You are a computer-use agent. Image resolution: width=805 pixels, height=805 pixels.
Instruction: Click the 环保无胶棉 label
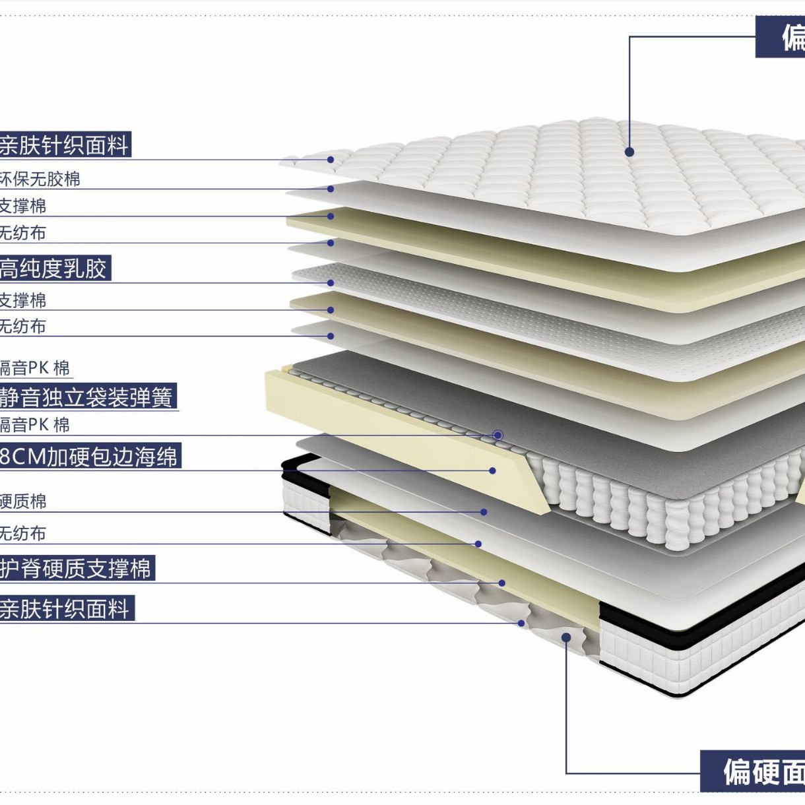(40, 179)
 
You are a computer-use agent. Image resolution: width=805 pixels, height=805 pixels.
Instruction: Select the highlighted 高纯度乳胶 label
(54, 269)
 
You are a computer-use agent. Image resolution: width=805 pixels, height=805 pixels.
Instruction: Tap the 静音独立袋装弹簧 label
(86, 397)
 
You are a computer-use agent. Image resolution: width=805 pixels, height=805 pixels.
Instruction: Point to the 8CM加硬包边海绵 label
(89, 457)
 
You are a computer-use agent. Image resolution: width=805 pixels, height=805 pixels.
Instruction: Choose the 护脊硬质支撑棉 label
(77, 568)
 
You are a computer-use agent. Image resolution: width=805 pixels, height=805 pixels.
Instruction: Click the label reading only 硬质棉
(23, 501)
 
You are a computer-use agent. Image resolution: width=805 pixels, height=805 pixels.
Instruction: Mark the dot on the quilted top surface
(629, 152)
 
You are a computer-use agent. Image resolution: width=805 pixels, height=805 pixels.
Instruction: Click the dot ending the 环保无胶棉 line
(331, 189)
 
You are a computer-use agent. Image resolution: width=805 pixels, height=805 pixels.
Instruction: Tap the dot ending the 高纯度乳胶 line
(331, 283)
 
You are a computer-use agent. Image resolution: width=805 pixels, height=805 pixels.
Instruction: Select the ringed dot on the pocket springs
(498, 435)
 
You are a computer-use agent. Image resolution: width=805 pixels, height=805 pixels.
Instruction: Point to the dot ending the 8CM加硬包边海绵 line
(492, 470)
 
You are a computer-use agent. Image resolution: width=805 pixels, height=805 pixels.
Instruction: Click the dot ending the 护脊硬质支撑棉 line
(502, 583)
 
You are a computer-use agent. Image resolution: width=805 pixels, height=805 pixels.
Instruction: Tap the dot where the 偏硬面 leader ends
(566, 637)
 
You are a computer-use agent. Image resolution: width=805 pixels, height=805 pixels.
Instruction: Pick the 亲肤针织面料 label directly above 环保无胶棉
(65, 145)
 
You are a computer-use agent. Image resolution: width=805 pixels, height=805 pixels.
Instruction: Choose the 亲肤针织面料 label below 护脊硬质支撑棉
(66, 608)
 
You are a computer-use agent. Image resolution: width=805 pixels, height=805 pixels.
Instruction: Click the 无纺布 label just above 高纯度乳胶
(23, 233)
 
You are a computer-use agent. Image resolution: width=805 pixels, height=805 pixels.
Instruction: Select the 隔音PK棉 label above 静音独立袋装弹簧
(34, 368)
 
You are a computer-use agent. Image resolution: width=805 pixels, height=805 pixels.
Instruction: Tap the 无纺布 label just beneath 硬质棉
(23, 533)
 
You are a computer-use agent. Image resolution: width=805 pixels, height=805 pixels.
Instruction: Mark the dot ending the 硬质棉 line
(484, 512)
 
